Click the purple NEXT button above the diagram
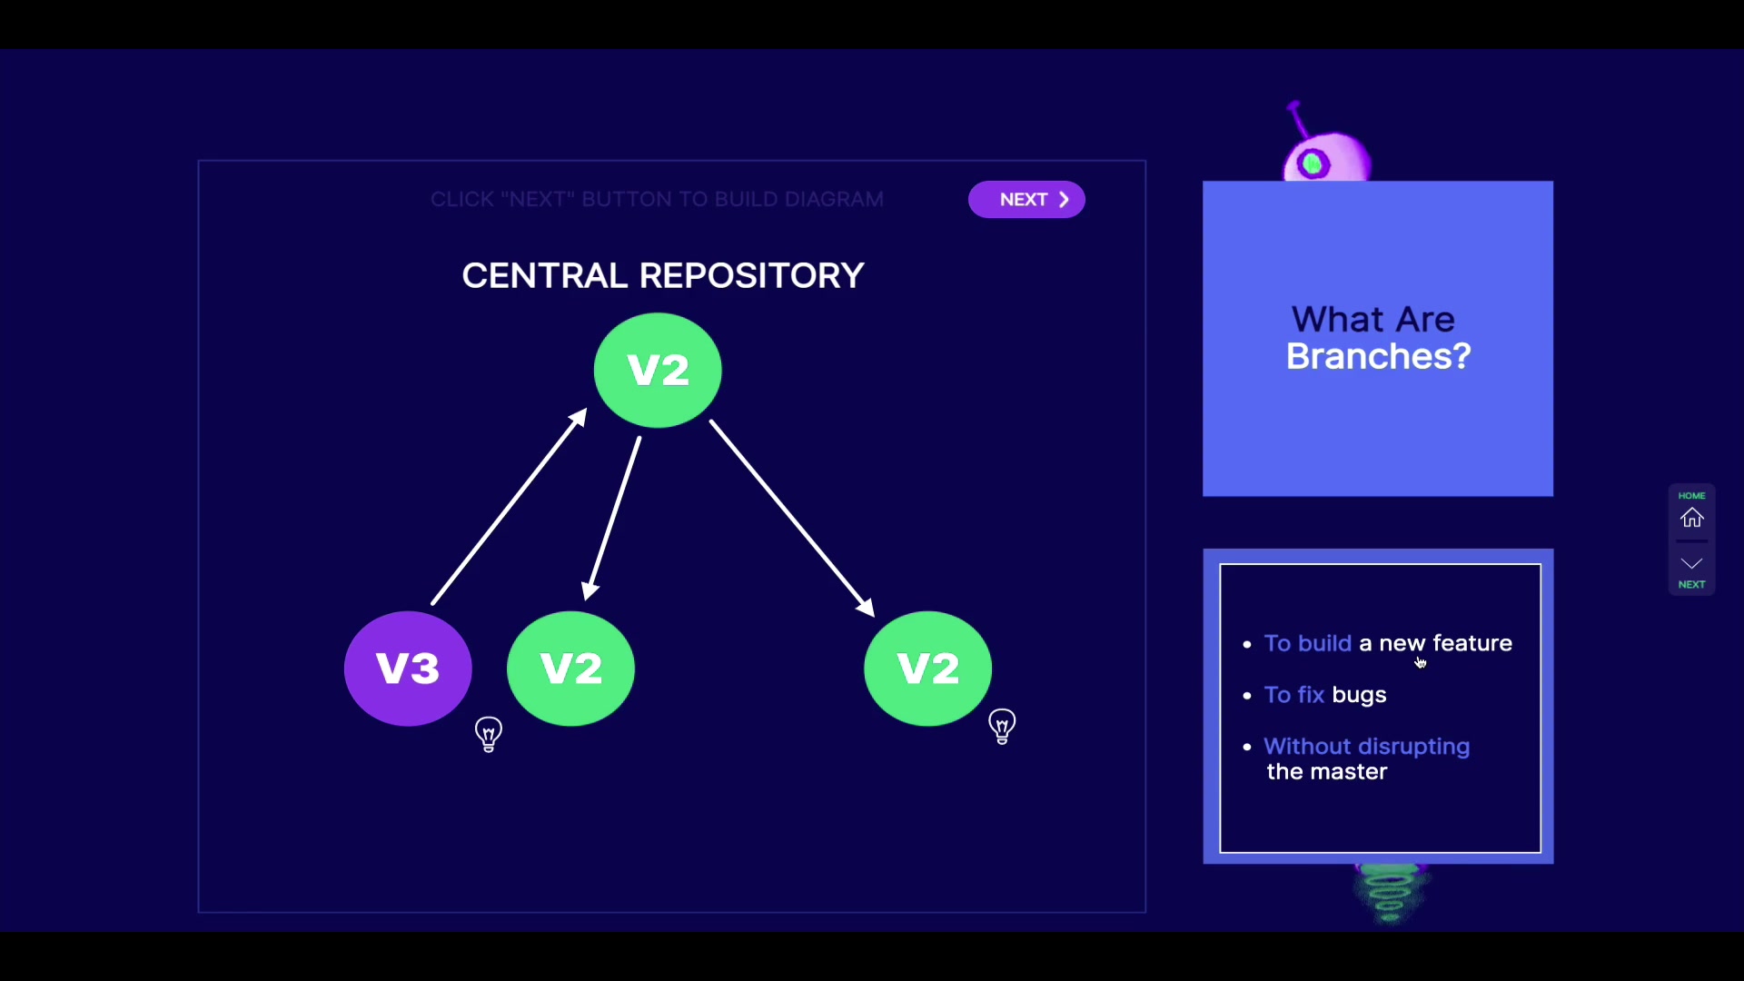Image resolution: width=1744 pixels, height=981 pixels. click(x=1026, y=200)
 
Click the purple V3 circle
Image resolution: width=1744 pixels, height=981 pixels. click(x=408, y=669)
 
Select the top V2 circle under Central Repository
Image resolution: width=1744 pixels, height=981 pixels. click(x=658, y=370)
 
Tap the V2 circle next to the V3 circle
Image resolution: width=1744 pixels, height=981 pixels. click(x=570, y=669)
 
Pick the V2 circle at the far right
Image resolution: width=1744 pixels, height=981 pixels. click(x=927, y=669)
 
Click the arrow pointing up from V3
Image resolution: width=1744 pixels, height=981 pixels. click(x=509, y=507)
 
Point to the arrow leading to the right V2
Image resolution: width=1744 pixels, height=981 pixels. click(x=791, y=518)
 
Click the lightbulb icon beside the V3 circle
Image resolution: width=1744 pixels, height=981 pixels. click(x=489, y=734)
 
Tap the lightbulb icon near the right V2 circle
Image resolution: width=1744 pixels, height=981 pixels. click(x=1002, y=727)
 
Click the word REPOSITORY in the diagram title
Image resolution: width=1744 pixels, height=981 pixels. click(x=751, y=276)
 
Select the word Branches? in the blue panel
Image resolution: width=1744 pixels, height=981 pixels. click(x=1378, y=357)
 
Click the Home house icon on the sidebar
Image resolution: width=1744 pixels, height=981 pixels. click(x=1691, y=518)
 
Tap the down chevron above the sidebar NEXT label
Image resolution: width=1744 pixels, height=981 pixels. click(x=1691, y=564)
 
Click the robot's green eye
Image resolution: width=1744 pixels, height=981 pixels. click(x=1313, y=164)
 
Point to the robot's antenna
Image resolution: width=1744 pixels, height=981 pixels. click(x=1298, y=120)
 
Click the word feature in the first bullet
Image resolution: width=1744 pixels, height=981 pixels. click(x=1472, y=644)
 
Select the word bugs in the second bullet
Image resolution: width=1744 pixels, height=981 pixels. click(x=1359, y=696)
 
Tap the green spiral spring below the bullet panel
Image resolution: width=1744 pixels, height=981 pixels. click(x=1389, y=893)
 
